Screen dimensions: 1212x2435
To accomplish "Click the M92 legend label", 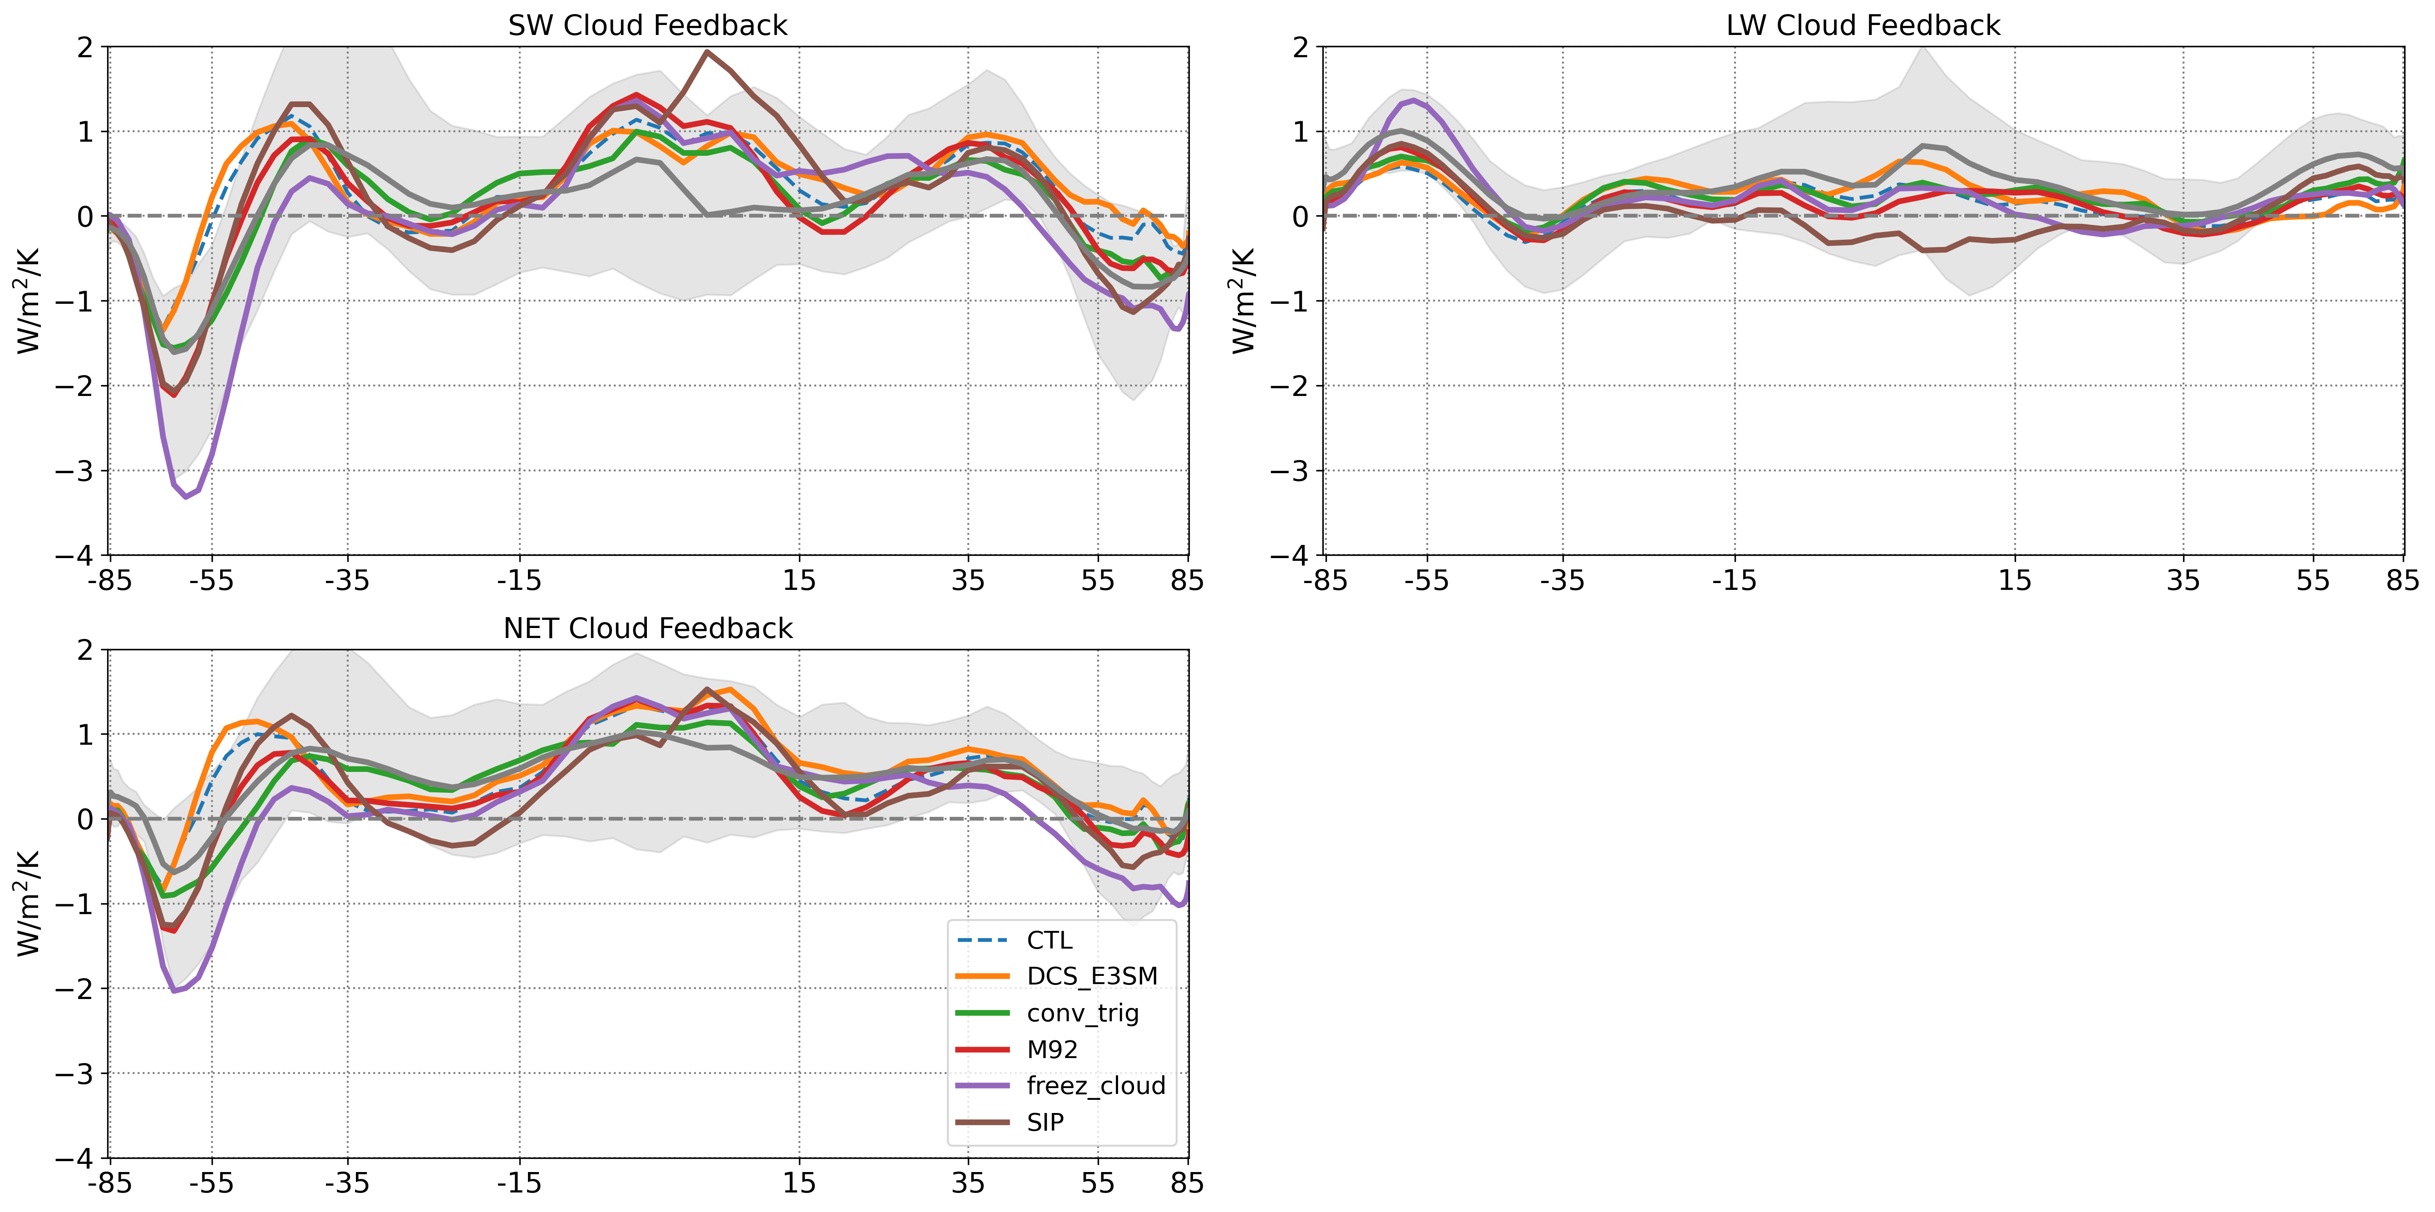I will [1052, 1049].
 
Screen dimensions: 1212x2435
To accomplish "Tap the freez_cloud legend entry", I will [1095, 1085].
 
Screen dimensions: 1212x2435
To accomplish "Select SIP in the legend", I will [1045, 1122].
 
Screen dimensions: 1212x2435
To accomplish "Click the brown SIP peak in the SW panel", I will [706, 52].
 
